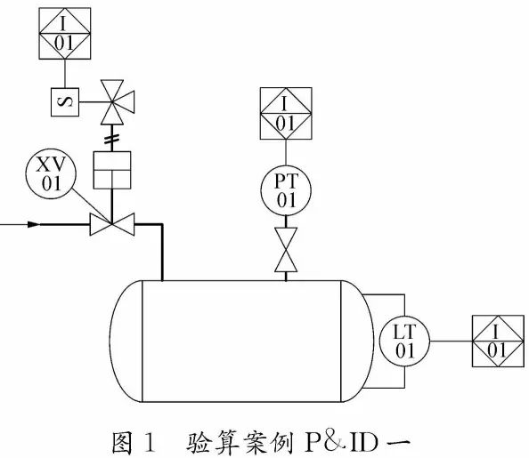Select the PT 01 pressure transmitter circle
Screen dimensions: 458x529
pyautogui.click(x=286, y=189)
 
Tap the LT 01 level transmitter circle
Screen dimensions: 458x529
pyautogui.click(x=405, y=341)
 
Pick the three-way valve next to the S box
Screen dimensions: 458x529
pyautogui.click(x=112, y=100)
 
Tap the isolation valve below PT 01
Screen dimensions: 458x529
pyautogui.click(x=286, y=251)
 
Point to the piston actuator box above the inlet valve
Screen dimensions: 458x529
pyautogui.click(x=112, y=170)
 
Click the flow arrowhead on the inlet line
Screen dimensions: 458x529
pyautogui.click(x=34, y=224)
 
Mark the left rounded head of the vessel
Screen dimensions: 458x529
pyautogui.click(x=126, y=341)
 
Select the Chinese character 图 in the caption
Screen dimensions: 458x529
pyautogui.click(x=121, y=440)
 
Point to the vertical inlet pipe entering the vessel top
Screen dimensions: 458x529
pyautogui.click(x=162, y=253)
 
